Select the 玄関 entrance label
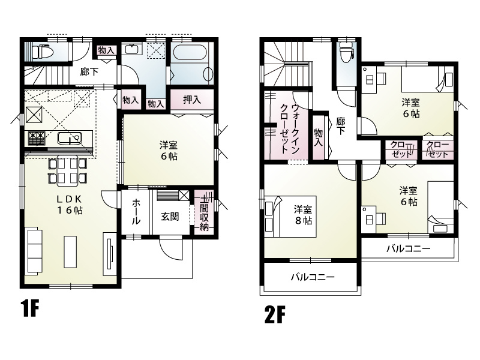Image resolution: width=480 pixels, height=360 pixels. point(169,216)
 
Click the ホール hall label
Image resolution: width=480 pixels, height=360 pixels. point(136,212)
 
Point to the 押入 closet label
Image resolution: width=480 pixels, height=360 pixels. point(191,100)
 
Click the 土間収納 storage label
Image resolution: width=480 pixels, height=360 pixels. point(205,212)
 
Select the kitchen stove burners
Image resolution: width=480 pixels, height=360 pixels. point(36,139)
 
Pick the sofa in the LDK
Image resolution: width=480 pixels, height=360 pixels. point(32,246)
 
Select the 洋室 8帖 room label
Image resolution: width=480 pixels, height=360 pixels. point(302,215)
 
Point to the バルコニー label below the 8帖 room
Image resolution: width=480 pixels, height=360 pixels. point(312,277)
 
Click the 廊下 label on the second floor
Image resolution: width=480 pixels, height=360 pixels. point(340,126)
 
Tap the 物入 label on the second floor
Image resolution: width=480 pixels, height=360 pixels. point(318,138)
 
